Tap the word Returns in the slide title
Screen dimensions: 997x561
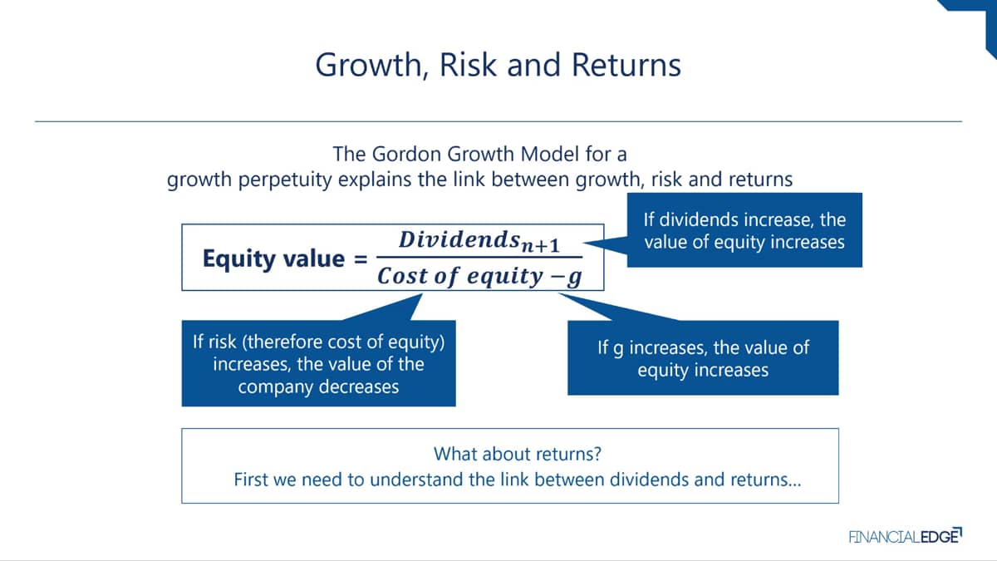(x=626, y=65)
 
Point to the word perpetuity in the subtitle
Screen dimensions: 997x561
(x=285, y=180)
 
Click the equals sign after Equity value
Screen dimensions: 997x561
(x=361, y=259)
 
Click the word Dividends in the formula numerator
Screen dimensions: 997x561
(x=459, y=239)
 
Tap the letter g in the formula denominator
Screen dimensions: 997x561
(x=575, y=278)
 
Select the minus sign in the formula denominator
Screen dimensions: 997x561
(x=557, y=276)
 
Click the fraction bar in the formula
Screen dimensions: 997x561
(x=479, y=257)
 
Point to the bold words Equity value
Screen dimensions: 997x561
(x=273, y=258)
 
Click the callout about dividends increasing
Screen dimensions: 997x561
(x=744, y=230)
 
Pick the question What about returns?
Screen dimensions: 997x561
(x=517, y=454)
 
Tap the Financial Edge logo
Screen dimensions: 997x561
(x=906, y=536)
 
